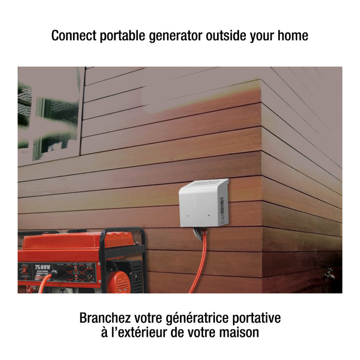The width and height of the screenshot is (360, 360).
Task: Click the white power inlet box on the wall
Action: click(203, 203)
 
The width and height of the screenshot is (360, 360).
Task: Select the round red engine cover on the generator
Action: click(121, 282)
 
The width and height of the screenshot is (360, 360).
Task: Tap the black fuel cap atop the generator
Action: click(77, 231)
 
